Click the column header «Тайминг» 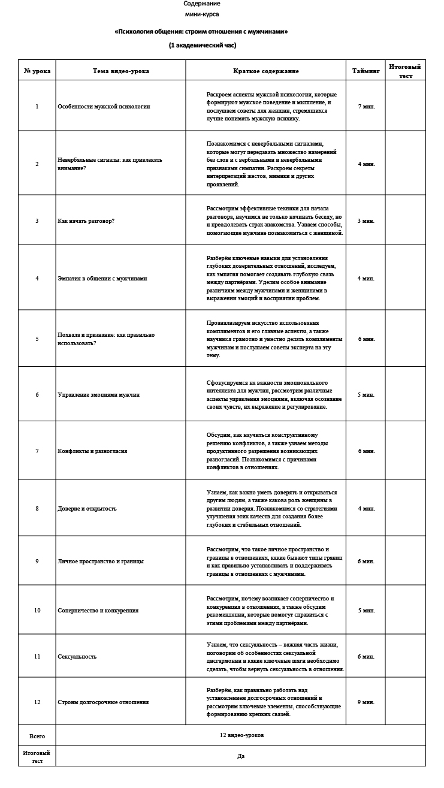tap(366, 71)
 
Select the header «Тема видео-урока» tap(121, 71)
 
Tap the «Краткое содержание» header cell tap(265, 71)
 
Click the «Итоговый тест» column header tap(405, 71)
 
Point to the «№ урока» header tap(37, 71)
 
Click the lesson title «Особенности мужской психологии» tap(104, 106)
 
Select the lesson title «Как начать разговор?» tap(86, 221)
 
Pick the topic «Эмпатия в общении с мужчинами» tap(102, 278)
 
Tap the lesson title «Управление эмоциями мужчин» tap(98, 394)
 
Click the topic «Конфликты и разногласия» tap(92, 451)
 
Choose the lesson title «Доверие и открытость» tap(87, 508)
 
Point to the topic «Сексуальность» tap(77, 656)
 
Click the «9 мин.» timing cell tap(366, 702)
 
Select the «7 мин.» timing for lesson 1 tap(366, 106)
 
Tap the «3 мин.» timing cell tap(366, 221)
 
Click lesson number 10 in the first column tap(37, 610)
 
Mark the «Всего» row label tap(37, 735)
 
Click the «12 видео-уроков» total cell tap(241, 735)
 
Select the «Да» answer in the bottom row tap(241, 756)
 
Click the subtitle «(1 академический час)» tap(202, 45)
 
